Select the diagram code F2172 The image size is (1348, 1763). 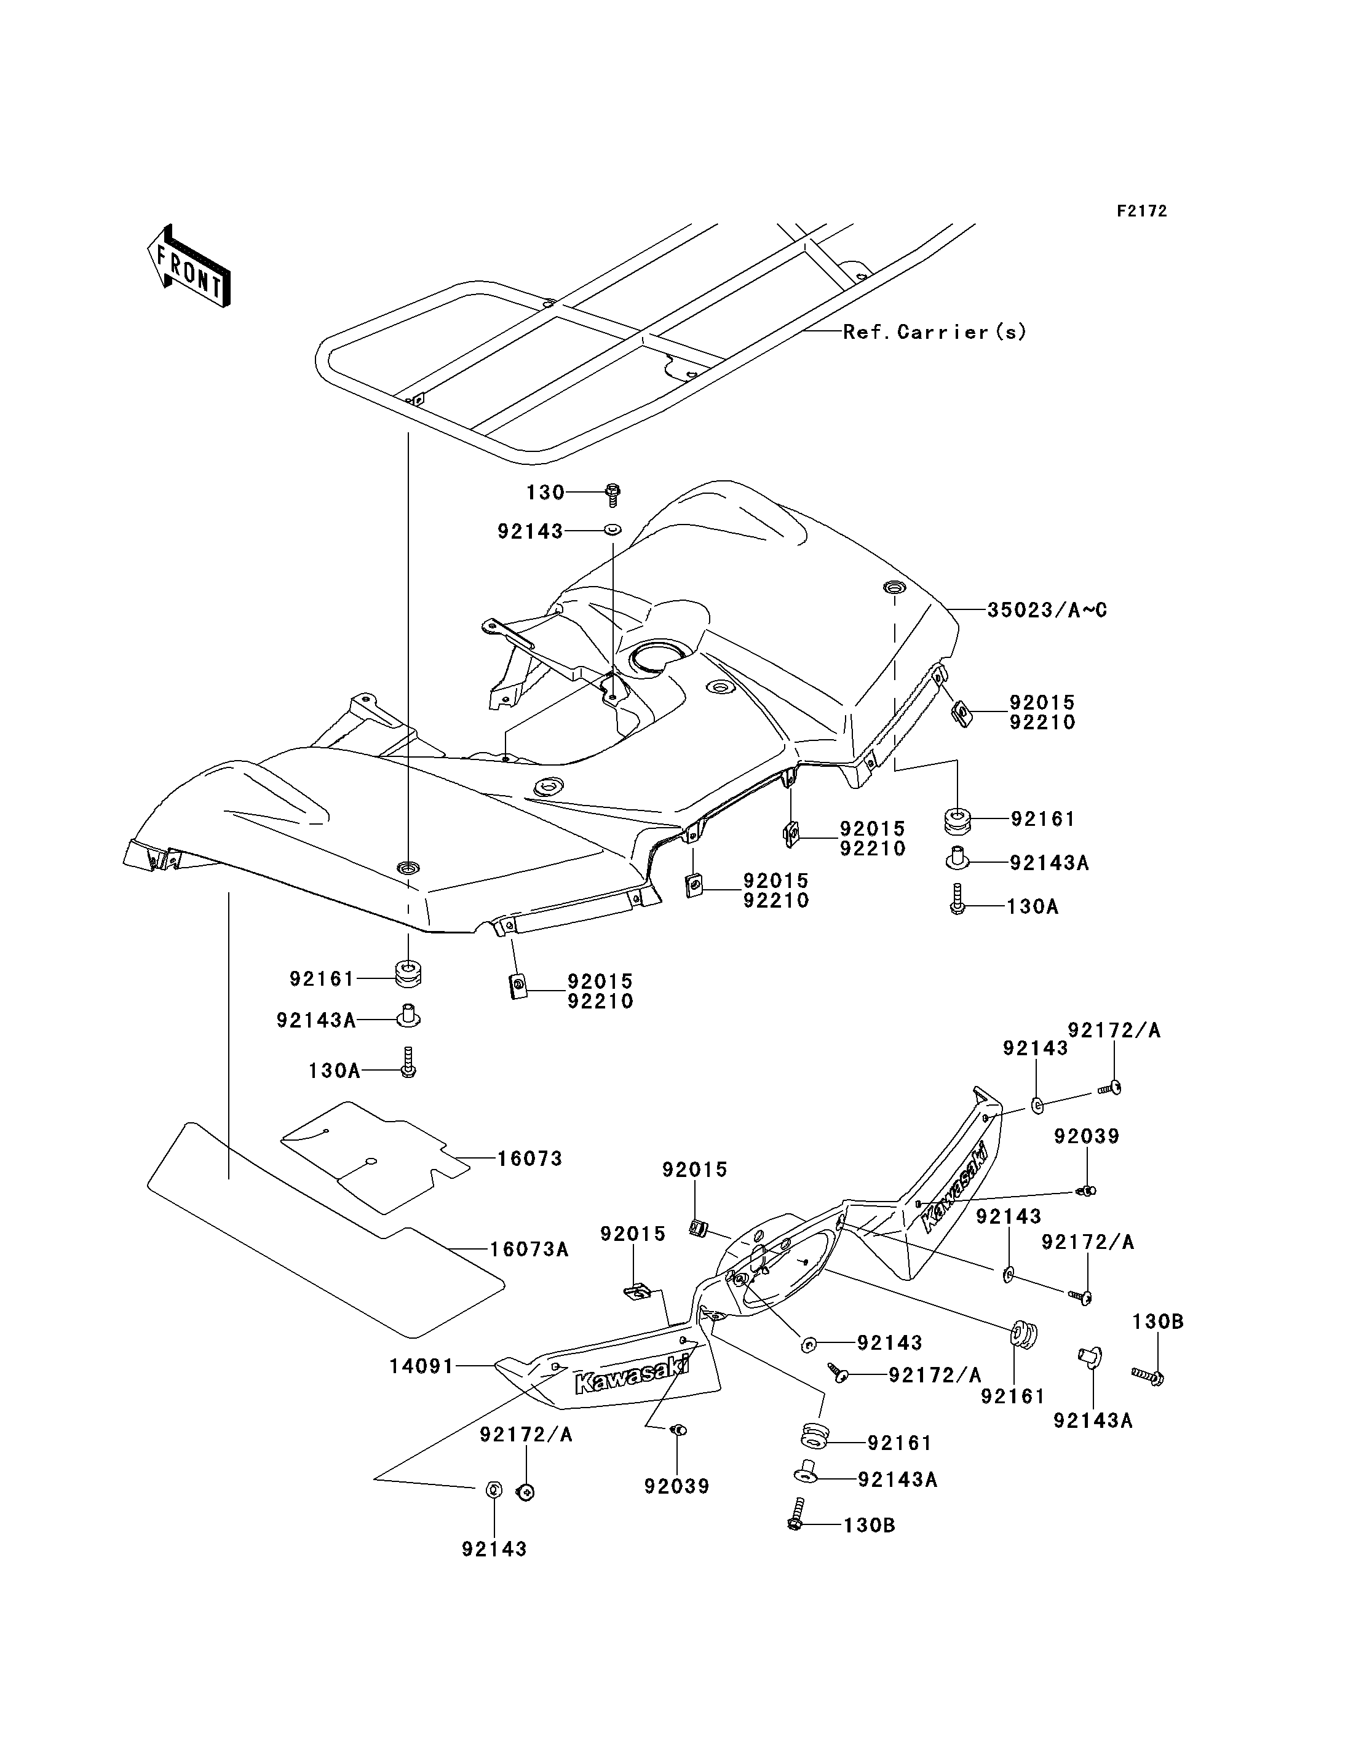[x=1143, y=211]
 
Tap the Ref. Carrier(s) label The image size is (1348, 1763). [x=935, y=331]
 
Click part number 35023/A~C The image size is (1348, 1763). [x=1047, y=610]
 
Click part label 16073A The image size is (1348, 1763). [x=529, y=1250]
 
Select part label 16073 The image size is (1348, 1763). [x=529, y=1159]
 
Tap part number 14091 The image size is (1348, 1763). [x=422, y=1366]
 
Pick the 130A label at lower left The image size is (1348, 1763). [x=335, y=1071]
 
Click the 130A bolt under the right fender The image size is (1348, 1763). [x=956, y=900]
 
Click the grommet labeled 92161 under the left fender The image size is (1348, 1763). [x=408, y=974]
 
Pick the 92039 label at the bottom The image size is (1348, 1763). [x=677, y=1486]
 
